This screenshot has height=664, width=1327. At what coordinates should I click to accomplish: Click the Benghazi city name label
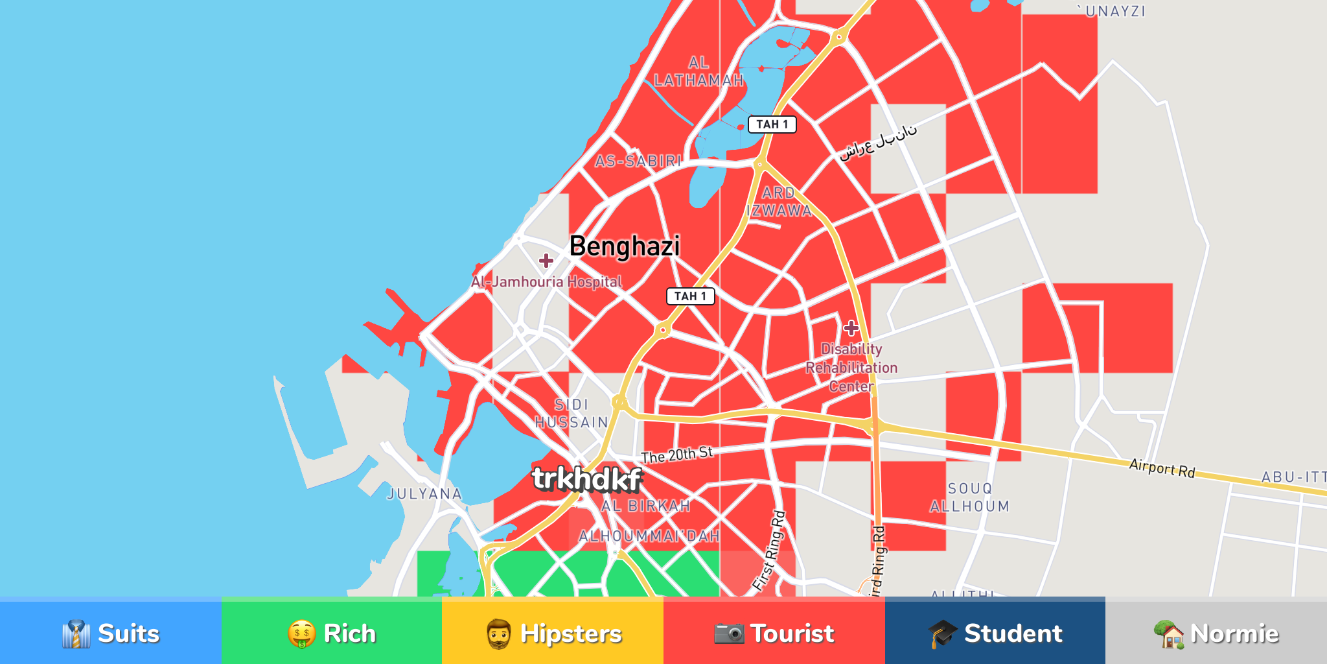625,247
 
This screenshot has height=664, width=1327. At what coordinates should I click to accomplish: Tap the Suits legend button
111,633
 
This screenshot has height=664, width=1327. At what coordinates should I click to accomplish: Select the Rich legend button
332,633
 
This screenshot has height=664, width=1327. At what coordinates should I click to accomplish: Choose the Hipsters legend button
553,633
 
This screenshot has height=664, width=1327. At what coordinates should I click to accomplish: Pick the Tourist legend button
774,633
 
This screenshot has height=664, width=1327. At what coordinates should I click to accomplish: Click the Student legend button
995,633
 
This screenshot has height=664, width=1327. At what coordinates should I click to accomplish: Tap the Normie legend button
1216,633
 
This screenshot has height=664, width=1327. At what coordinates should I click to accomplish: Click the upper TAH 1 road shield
772,124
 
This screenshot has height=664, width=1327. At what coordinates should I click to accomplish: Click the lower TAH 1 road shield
690,296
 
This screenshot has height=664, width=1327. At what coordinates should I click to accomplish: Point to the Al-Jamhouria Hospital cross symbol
546,261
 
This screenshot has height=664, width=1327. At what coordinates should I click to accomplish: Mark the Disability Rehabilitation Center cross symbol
851,328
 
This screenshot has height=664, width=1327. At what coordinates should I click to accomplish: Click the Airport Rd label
1162,468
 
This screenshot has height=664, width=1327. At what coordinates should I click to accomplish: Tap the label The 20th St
677,455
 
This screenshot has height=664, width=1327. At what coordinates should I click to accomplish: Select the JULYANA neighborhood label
424,494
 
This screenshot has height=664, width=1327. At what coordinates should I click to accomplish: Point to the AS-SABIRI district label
638,161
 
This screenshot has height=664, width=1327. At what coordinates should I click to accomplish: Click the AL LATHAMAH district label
698,71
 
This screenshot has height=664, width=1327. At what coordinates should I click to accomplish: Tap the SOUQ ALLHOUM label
970,497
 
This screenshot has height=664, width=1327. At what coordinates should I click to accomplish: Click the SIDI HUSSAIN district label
571,414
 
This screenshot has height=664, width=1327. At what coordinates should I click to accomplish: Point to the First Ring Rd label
770,551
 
